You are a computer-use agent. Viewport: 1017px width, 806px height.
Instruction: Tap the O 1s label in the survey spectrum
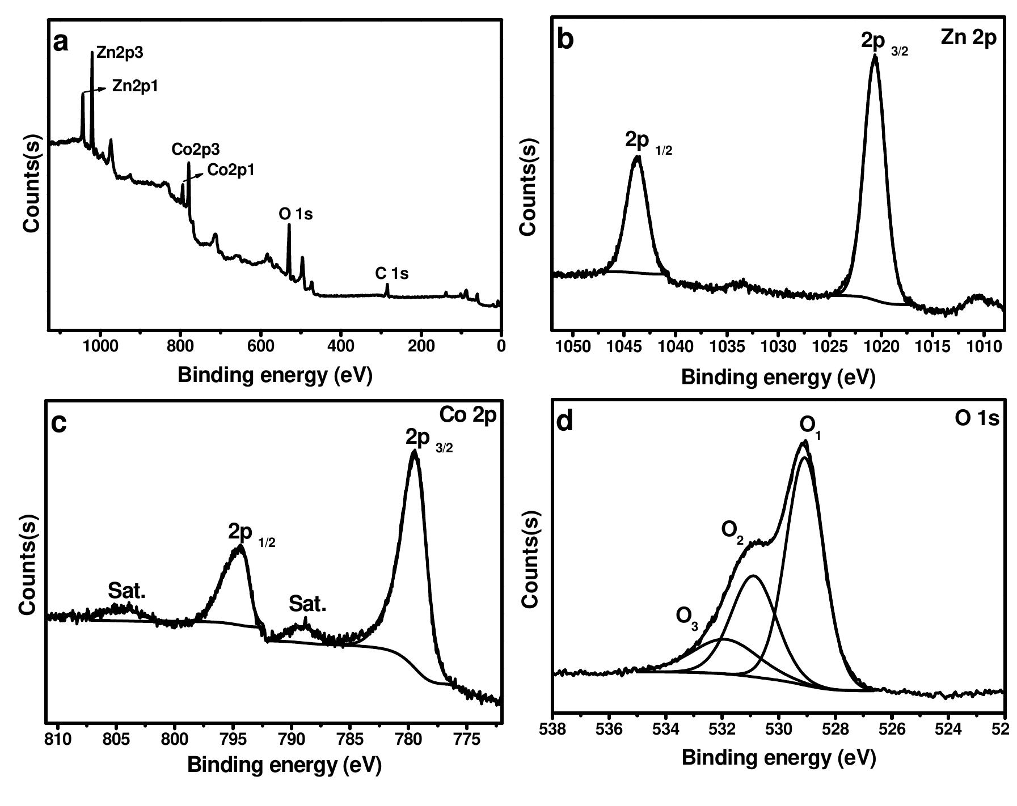tap(296, 214)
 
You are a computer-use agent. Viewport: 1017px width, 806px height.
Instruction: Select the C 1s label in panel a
tap(391, 274)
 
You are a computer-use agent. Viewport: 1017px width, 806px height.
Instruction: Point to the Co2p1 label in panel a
tap(231, 170)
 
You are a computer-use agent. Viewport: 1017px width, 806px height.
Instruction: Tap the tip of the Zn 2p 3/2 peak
tap(875, 57)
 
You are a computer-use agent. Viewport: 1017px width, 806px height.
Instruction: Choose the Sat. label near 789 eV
tap(307, 604)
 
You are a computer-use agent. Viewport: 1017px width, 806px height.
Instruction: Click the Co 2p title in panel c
tap(468, 415)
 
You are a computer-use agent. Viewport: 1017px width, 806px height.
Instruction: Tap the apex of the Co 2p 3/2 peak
tap(414, 452)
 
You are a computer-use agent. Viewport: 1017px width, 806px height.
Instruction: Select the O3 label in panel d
tap(687, 616)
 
